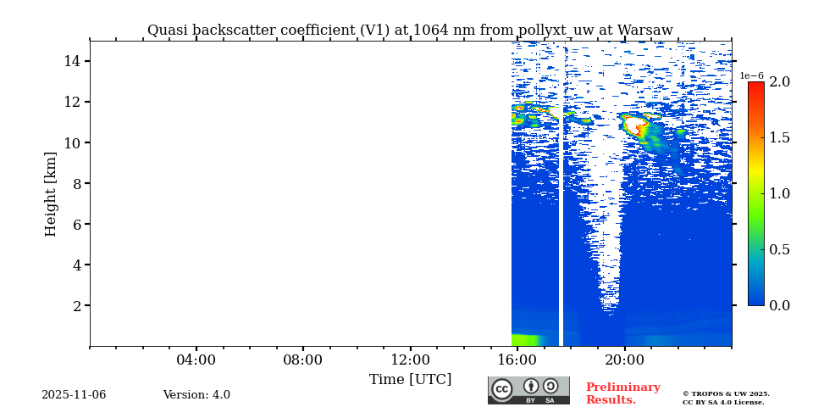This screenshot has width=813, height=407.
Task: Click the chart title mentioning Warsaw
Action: pos(410,31)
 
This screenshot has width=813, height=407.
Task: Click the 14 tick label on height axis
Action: pos(71,61)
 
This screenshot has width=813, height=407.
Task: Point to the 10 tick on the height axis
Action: pos(71,142)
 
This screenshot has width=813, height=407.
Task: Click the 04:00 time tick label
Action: pos(196,360)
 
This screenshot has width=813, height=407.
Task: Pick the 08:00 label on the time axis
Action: pos(302,360)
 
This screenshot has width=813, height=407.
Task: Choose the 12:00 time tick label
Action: pos(410,360)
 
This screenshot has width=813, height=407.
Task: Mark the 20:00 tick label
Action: pos(625,360)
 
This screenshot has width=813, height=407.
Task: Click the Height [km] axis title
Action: pos(51,193)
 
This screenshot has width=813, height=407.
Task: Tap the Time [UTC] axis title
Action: pos(410,380)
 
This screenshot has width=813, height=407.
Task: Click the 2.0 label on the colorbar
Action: pos(779,82)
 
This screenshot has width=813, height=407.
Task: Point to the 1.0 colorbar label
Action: pos(779,193)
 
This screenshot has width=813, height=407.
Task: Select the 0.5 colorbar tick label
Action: pos(779,249)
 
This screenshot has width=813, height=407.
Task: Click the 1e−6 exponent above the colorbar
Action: pos(751,75)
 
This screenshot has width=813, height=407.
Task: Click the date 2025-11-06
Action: pos(74,395)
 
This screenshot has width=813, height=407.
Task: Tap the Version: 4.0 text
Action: pos(196,395)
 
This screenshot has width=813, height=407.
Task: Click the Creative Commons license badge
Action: pos(528,390)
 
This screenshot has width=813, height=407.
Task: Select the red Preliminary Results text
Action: pos(622,393)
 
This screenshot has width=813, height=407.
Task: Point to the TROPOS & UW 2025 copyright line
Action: pos(726,394)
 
